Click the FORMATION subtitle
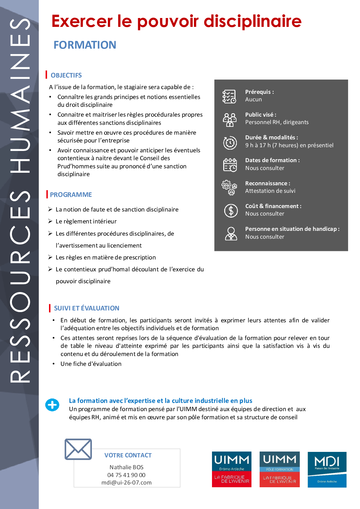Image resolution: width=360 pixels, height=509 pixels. (85, 45)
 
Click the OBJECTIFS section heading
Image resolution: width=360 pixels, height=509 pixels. (66, 75)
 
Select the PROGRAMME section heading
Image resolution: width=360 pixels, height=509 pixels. (71, 194)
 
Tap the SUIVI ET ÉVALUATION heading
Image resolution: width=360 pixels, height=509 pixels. (86, 308)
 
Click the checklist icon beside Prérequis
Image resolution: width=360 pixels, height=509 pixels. (229, 96)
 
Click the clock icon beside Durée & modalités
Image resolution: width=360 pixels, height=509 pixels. (230, 142)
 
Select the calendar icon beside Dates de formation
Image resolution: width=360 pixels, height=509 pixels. (230, 165)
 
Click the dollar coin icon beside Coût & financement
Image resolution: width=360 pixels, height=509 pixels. (231, 210)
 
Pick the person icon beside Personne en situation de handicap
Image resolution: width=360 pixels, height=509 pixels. (231, 234)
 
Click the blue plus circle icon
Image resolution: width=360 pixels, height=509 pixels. (52, 405)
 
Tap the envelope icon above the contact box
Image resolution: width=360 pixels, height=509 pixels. (78, 449)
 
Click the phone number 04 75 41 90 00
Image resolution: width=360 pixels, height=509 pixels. (126, 475)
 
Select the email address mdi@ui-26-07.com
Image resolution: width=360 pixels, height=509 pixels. (126, 482)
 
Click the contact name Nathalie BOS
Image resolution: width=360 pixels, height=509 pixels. (126, 467)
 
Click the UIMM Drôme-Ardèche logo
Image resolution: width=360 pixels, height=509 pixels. (231, 469)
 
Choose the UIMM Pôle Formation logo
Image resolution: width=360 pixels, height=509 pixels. (279, 469)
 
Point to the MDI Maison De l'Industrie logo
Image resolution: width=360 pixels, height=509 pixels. (327, 470)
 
